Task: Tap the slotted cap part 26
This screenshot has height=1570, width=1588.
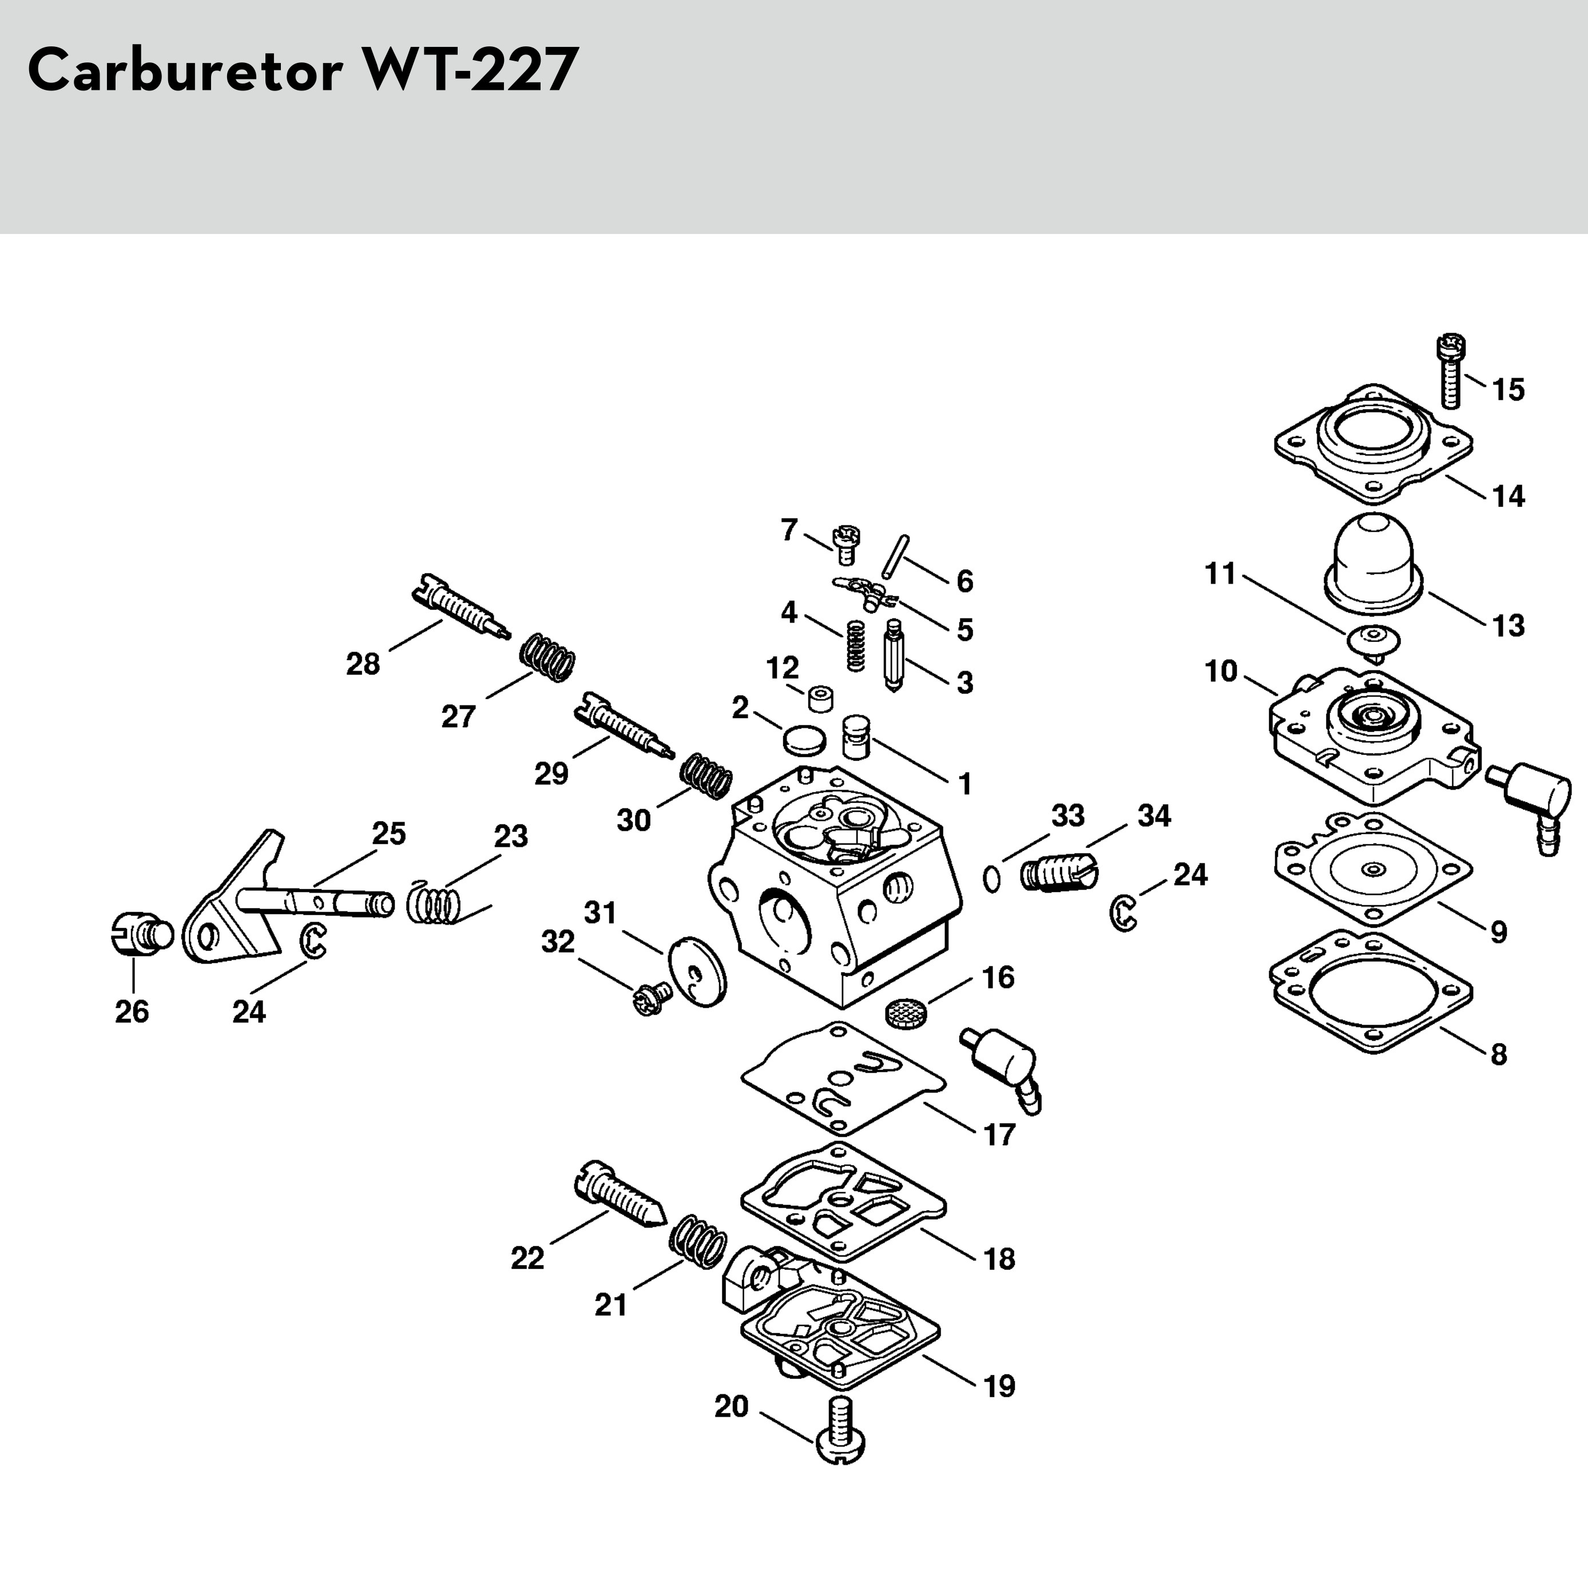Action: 137,933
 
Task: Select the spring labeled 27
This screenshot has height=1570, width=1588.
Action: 548,657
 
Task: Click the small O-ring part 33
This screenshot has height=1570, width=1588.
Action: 992,879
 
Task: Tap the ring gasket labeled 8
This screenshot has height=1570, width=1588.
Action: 1370,992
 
